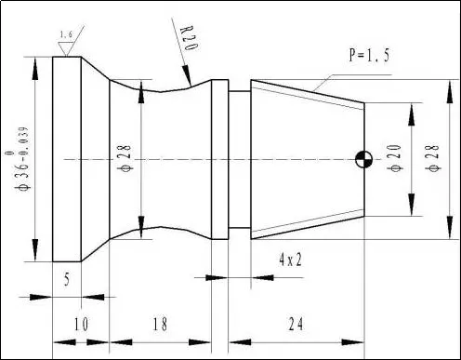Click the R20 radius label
(189, 38)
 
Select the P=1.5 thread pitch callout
(369, 55)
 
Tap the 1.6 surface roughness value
(66, 34)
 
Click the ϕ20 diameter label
(396, 158)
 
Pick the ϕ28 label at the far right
(433, 158)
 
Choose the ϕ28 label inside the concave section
(125, 158)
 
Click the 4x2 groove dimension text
(290, 260)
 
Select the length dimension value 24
(296, 324)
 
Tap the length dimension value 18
(160, 324)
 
